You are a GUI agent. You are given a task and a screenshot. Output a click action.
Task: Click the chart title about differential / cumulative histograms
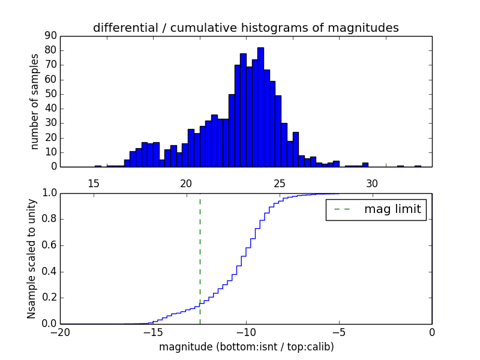click(245, 28)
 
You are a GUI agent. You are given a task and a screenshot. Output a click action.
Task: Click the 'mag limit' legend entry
click(376, 209)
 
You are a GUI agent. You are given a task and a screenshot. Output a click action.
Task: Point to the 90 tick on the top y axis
click(50, 36)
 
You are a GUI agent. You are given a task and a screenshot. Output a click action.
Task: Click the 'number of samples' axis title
click(35, 101)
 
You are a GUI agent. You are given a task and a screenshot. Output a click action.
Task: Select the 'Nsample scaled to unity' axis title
click(31, 259)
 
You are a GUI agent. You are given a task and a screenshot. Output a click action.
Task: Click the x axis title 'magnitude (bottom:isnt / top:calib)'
click(246, 347)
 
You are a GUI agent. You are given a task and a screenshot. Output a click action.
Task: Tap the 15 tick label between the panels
click(94, 184)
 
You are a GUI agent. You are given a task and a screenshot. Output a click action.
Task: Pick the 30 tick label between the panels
click(372, 184)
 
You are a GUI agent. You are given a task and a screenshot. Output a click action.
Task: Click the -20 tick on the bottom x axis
click(60, 332)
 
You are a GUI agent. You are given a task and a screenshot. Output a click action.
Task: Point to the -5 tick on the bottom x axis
click(339, 332)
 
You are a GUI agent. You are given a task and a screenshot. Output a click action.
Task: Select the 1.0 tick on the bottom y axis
click(50, 193)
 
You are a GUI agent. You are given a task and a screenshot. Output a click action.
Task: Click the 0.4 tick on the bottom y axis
click(50, 272)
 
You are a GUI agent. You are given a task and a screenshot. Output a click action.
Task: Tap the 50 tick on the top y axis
click(50, 94)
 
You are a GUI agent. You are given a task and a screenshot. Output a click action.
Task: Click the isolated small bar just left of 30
click(365, 164)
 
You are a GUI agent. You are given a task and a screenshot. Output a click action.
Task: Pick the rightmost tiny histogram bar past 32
click(418, 166)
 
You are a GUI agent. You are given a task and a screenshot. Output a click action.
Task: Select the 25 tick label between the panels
click(279, 184)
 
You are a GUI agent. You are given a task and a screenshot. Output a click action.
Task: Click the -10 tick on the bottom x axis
click(246, 332)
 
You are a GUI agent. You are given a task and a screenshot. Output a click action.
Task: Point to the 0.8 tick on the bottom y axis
click(50, 220)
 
